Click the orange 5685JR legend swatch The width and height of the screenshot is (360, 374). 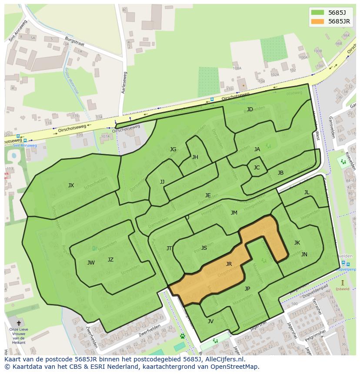[x=318, y=21]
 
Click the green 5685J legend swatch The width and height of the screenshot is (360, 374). [x=318, y=13]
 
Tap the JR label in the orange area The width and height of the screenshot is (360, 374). [x=229, y=264]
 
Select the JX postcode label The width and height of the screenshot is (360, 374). [x=71, y=185]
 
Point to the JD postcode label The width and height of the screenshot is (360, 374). [x=250, y=109]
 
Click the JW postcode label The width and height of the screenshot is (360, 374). [x=91, y=263]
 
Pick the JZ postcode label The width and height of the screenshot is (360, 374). [x=110, y=260]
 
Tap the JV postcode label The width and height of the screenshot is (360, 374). [x=210, y=321]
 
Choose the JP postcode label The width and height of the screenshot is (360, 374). [x=247, y=289]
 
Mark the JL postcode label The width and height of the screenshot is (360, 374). [x=307, y=192]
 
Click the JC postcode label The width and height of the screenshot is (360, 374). [x=257, y=168]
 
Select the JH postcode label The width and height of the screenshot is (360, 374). [x=195, y=157]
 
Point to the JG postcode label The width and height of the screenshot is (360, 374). [x=173, y=149]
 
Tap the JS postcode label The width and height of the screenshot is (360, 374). [x=204, y=248]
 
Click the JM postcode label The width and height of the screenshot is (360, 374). [x=234, y=213]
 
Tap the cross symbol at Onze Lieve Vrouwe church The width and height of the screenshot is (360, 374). [x=18, y=323]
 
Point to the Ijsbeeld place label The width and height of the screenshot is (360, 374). [x=342, y=288]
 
